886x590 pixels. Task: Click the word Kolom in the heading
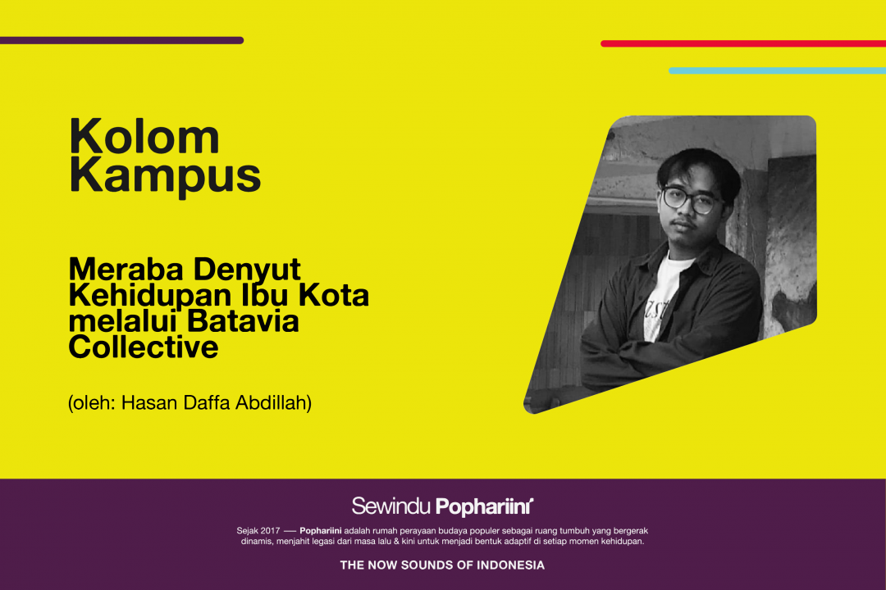144,136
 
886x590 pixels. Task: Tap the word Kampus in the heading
165,176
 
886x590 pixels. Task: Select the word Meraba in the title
126,270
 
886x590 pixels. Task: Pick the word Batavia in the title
242,321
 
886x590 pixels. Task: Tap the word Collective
144,347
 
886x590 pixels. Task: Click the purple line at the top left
121,41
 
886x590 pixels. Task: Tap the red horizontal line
743,43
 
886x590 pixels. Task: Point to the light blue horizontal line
777,70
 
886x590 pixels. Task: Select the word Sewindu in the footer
391,506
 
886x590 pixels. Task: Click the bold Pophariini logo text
484,507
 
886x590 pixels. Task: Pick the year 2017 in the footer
270,531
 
